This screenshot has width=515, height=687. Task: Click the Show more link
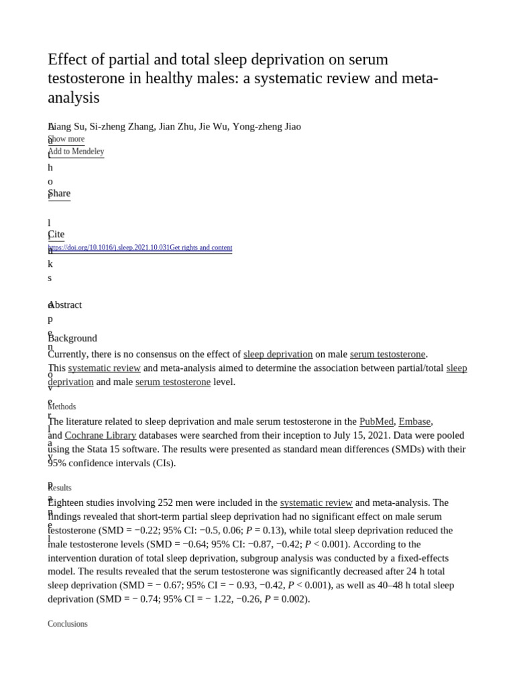click(x=66, y=139)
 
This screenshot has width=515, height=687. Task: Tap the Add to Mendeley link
click(x=76, y=152)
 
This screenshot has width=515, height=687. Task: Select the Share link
click(x=59, y=193)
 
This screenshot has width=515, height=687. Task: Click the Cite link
click(x=56, y=234)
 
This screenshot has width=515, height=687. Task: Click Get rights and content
click(x=201, y=248)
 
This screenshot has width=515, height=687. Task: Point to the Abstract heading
click(x=66, y=305)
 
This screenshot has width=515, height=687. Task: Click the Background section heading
click(x=72, y=338)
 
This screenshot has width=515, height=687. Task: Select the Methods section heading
click(x=62, y=407)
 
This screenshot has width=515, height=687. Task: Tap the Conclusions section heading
click(x=68, y=624)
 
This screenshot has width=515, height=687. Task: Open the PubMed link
click(x=376, y=421)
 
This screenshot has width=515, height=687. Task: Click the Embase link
click(x=414, y=421)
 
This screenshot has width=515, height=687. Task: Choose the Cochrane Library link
click(x=101, y=435)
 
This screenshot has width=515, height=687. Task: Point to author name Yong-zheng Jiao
click(x=267, y=126)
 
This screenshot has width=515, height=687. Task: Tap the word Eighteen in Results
click(x=67, y=503)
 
